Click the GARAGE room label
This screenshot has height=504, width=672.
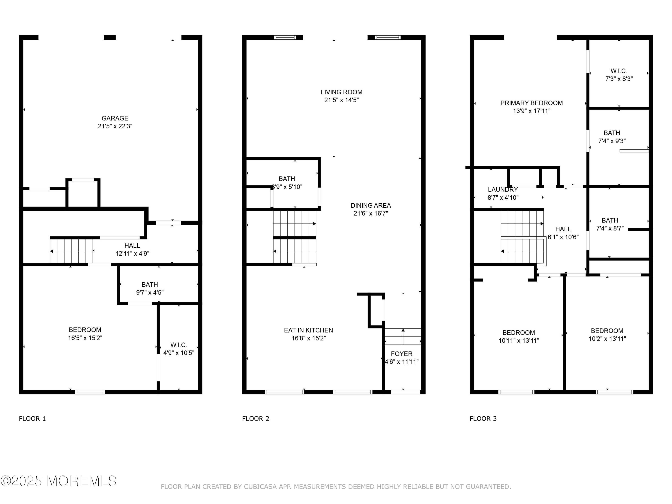coord(115,118)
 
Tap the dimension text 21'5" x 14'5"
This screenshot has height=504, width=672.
coord(341,100)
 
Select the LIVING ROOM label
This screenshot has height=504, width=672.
coord(341,92)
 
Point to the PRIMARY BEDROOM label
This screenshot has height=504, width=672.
coord(531,103)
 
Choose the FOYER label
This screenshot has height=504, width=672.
coord(402,354)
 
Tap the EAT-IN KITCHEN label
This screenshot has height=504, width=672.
coord(308,330)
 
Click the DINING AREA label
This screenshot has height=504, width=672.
coord(371,205)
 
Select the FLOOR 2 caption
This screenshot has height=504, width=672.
coord(256,419)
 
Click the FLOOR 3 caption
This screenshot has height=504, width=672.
coord(483,419)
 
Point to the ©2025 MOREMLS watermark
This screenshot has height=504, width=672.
coord(58,481)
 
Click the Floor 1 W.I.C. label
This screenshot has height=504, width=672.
coord(179,345)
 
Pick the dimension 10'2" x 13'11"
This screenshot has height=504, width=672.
coord(607,339)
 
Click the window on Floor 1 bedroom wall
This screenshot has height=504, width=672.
coord(90,392)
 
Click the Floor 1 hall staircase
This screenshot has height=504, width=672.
coord(72,251)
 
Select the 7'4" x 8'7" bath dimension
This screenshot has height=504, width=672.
coord(610,228)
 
